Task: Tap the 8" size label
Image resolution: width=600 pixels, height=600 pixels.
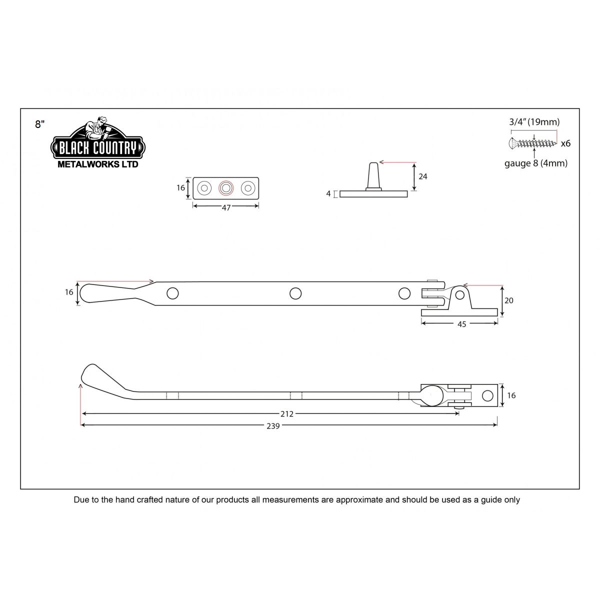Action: [40, 124]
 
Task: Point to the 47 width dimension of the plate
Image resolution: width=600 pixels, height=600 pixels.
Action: [226, 208]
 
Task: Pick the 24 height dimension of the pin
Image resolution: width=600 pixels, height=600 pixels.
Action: [423, 176]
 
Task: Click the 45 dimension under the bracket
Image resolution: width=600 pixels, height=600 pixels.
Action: [461, 324]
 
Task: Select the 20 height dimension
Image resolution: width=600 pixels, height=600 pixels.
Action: [509, 300]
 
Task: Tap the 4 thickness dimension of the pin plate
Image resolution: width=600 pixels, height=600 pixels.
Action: [328, 193]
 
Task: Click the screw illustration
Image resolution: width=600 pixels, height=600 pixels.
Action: [532, 143]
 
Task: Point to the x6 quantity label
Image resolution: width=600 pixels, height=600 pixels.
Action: [565, 143]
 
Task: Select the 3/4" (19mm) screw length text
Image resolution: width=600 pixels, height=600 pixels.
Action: [534, 121]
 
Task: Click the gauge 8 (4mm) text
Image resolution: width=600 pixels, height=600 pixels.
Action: [535, 163]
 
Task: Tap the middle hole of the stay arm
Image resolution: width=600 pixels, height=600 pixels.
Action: [295, 293]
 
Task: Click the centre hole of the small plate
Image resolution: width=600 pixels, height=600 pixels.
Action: [226, 188]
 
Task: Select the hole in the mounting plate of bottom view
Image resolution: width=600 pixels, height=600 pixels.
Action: [486, 395]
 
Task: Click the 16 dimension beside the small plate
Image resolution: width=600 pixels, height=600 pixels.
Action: [181, 188]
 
